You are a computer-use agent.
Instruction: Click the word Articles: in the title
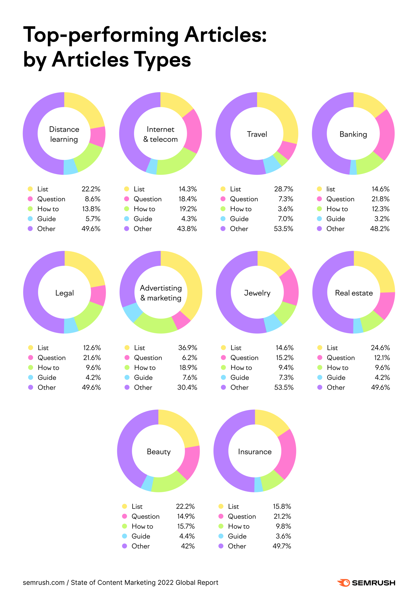[225, 35]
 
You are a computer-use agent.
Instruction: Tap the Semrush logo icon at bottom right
[344, 583]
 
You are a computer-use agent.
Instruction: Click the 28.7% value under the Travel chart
[283, 189]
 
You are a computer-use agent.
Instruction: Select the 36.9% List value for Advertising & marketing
[187, 348]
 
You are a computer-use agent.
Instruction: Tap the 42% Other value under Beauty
[188, 546]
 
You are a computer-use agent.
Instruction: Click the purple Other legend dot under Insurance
[221, 546]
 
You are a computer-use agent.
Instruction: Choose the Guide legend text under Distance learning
[47, 219]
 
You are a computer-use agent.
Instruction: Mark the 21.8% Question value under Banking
[380, 199]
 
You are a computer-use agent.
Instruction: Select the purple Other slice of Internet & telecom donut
[130, 129]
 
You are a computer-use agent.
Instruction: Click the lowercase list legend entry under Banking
[330, 189]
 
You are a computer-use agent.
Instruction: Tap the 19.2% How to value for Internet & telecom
[188, 209]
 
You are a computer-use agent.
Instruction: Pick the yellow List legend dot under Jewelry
[223, 348]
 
